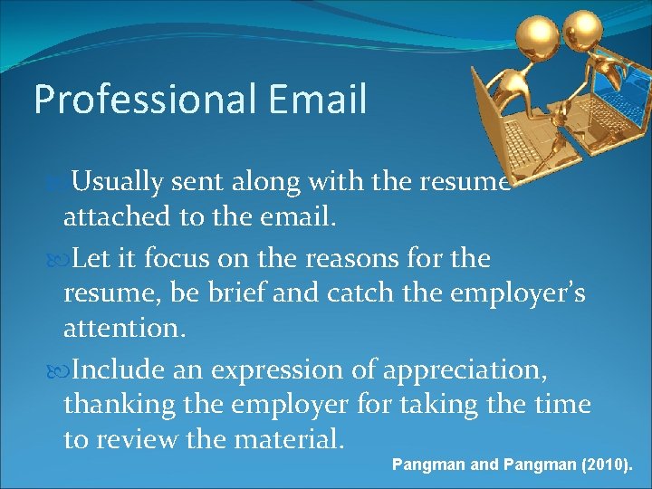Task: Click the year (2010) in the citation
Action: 599,465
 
